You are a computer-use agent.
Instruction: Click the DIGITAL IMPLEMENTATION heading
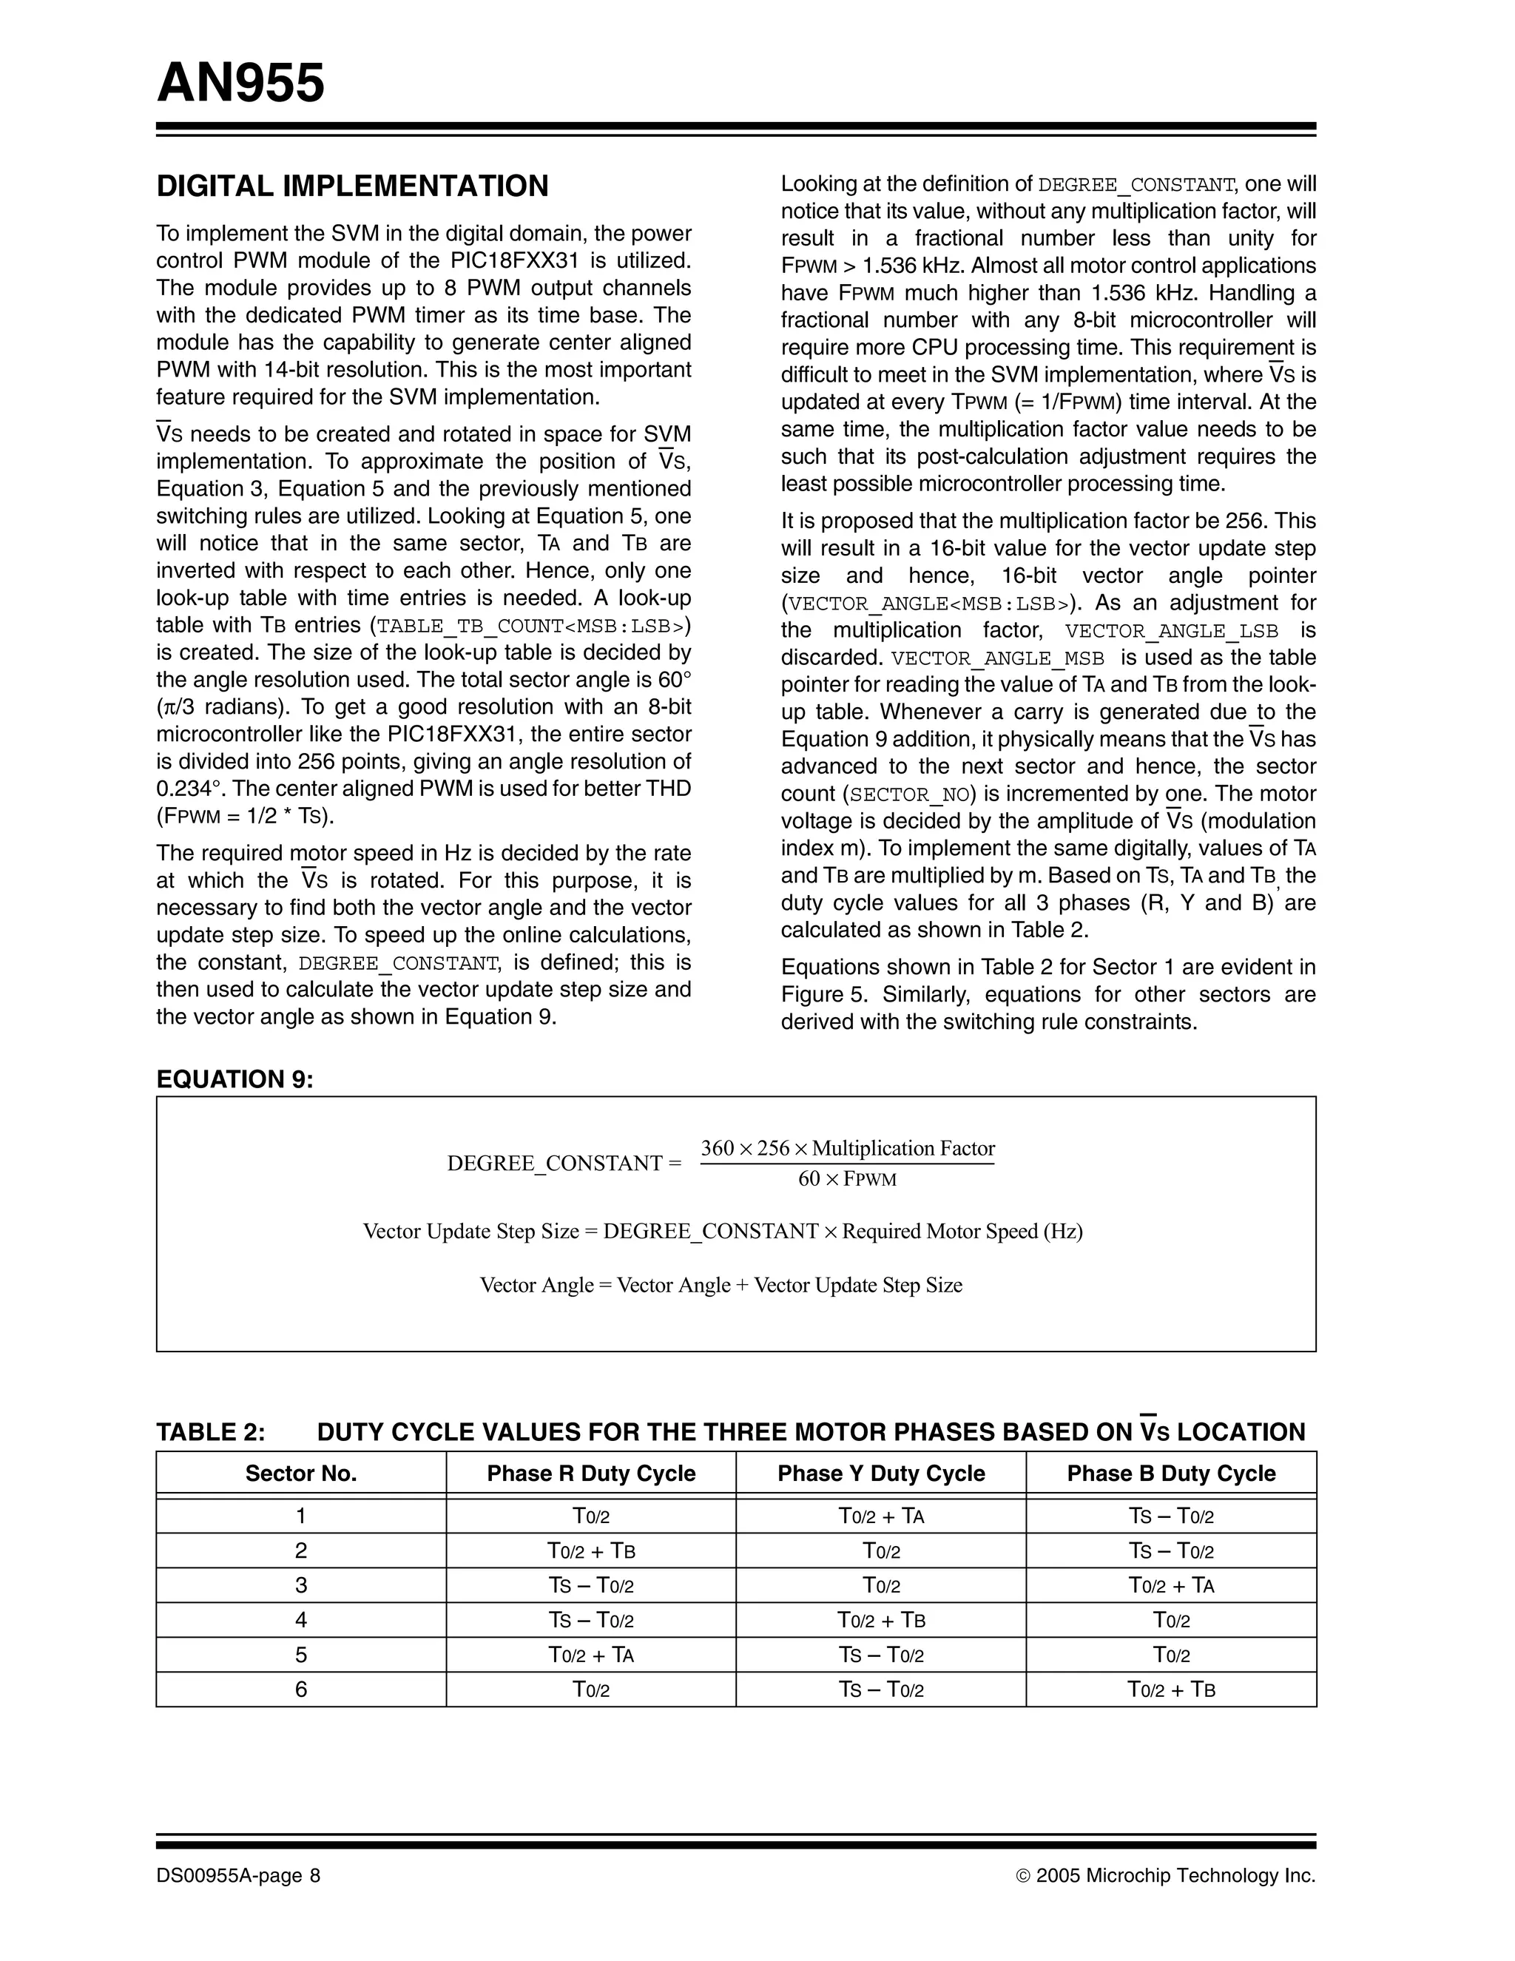tap(352, 186)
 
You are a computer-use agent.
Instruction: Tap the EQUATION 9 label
tap(235, 1079)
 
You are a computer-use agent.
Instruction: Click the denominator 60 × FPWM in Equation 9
tap(847, 1179)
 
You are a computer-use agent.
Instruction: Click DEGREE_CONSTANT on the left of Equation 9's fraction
tap(554, 1164)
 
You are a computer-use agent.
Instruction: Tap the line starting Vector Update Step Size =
tap(722, 1231)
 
